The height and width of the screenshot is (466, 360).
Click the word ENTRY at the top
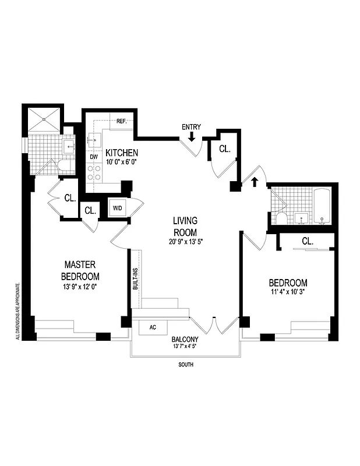pyautogui.click(x=191, y=127)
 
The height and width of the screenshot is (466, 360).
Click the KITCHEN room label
pyautogui.click(x=122, y=153)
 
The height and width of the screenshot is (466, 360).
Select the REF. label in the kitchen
pyautogui.click(x=122, y=121)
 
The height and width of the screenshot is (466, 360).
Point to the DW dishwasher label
pyautogui.click(x=93, y=157)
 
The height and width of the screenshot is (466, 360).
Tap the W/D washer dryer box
pyautogui.click(x=117, y=208)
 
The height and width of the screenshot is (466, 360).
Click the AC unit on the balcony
pyautogui.click(x=153, y=327)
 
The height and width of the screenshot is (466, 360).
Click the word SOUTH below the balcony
pyautogui.click(x=185, y=365)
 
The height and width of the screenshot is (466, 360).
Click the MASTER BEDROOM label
pyautogui.click(x=82, y=270)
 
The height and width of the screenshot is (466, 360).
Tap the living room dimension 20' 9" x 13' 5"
pyautogui.click(x=185, y=241)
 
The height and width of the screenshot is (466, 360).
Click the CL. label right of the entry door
pyautogui.click(x=224, y=149)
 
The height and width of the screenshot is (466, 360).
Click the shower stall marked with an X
pyautogui.click(x=45, y=119)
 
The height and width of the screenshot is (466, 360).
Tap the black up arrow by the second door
pyautogui.click(x=253, y=182)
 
